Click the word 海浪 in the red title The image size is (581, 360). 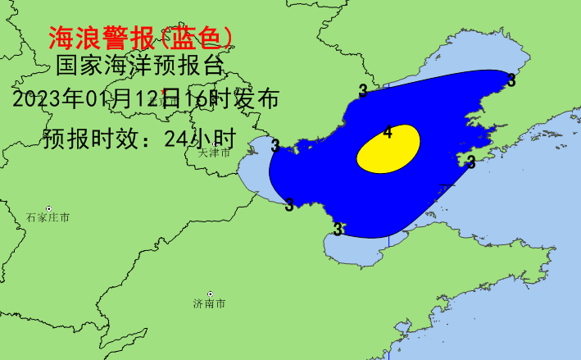73,36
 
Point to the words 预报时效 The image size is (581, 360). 91,137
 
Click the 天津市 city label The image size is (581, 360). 215,153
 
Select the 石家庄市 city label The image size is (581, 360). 48,218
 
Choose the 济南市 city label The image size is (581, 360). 210,304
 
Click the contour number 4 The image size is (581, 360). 388,132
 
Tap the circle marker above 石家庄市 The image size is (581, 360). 48,208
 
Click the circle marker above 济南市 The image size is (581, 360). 211,294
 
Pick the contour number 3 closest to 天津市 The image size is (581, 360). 275,146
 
